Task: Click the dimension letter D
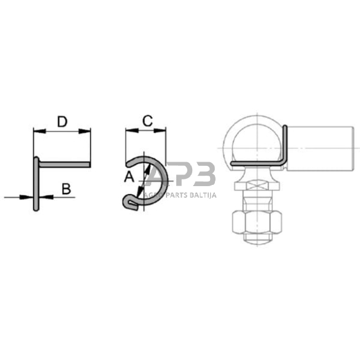coord(62,122)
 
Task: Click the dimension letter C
coord(148,121)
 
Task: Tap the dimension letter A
coord(129,177)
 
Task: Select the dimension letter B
coord(67,189)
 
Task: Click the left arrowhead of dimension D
coord(39,131)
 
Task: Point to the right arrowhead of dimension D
coord(84,131)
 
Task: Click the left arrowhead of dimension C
coord(132,130)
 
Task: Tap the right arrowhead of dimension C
coord(160,130)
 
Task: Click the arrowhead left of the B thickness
coord(26,197)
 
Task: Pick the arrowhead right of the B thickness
coord(46,197)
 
